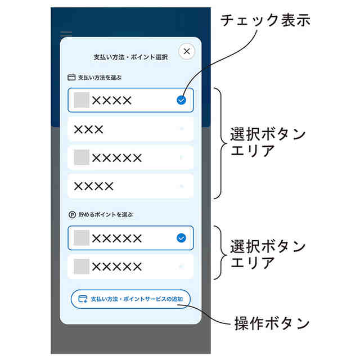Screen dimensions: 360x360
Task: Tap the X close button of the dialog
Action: tap(187, 51)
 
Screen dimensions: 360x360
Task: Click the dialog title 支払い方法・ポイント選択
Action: tap(130, 57)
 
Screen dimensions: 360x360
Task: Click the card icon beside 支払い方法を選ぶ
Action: tap(71, 78)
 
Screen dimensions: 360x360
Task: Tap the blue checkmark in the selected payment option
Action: tap(181, 100)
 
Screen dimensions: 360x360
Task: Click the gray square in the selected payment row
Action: tap(82, 100)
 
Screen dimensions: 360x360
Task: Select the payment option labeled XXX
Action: tap(130, 129)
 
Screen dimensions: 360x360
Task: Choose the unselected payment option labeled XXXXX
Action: tap(130, 157)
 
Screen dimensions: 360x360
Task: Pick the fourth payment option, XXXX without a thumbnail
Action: tap(130, 186)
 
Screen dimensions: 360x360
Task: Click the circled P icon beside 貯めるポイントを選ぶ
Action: tap(71, 214)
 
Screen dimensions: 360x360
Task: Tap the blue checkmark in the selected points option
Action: tap(181, 238)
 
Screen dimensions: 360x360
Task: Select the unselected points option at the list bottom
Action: tap(130, 266)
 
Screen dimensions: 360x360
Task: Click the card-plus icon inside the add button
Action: tap(83, 299)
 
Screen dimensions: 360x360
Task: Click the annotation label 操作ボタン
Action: tap(272, 323)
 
